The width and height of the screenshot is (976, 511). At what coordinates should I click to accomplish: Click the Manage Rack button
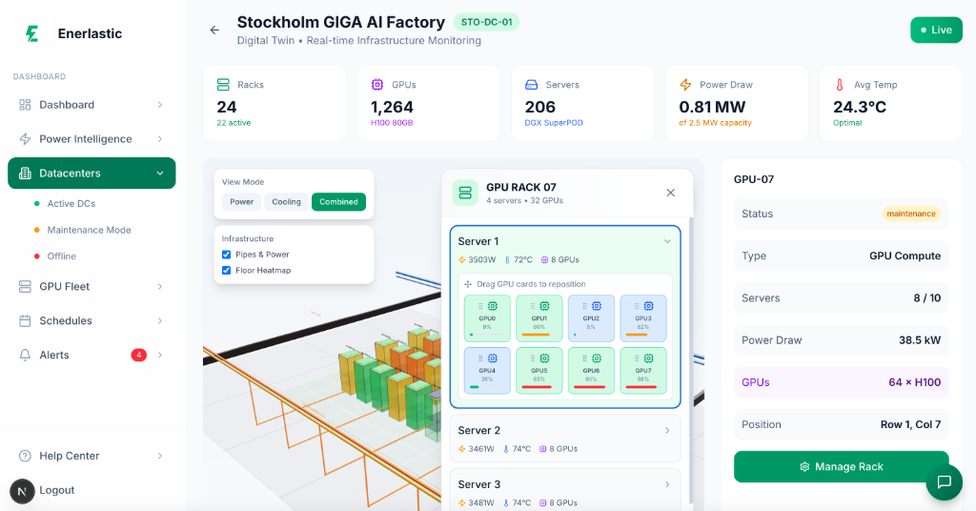click(841, 466)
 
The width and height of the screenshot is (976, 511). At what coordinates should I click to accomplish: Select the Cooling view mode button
click(286, 201)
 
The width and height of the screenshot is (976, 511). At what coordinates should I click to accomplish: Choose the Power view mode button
click(241, 201)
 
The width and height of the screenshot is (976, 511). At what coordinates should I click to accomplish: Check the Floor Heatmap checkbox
click(227, 270)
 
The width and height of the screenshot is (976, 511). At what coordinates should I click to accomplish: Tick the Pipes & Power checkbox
click(227, 255)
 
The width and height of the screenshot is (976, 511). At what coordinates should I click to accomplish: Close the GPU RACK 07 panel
click(670, 193)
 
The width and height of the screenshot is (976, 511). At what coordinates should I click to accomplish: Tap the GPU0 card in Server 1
click(487, 317)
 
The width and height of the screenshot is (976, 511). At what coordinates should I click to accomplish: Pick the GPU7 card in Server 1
click(643, 370)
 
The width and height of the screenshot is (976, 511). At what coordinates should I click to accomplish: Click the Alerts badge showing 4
click(138, 355)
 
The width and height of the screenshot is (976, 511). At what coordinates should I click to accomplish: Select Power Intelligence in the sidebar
click(86, 139)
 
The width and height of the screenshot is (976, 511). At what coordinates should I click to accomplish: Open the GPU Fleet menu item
click(65, 286)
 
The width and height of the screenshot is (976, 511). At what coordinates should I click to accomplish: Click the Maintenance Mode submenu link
click(90, 230)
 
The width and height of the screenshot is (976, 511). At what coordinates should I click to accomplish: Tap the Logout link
click(57, 490)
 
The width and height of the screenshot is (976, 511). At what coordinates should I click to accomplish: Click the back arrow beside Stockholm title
click(214, 30)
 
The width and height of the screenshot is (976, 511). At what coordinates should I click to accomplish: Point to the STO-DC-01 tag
click(486, 22)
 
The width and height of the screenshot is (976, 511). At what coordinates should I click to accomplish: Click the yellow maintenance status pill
click(910, 214)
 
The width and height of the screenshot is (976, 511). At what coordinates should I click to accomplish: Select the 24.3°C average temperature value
click(860, 107)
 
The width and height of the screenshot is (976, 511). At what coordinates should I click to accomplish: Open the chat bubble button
click(944, 481)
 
